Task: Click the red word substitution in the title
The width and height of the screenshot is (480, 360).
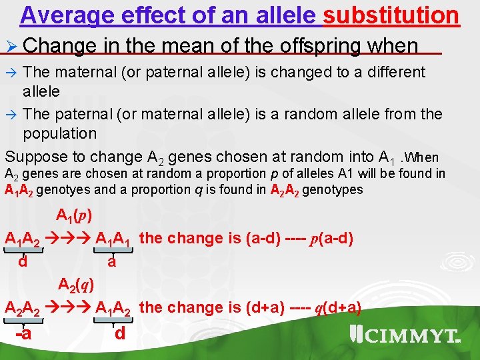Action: [391, 15]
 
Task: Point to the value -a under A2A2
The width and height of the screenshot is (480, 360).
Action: [23, 333]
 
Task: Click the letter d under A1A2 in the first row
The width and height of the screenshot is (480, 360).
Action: [23, 262]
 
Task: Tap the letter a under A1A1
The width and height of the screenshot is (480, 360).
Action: [111, 262]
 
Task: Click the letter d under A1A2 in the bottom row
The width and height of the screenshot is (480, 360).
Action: [120, 333]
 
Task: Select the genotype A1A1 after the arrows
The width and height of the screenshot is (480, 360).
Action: [115, 239]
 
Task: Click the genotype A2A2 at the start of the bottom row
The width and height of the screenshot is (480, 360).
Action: [22, 308]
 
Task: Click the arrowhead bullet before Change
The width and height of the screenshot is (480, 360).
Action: [12, 47]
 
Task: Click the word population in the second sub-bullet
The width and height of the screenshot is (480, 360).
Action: [59, 133]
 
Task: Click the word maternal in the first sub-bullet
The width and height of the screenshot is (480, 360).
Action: [89, 71]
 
